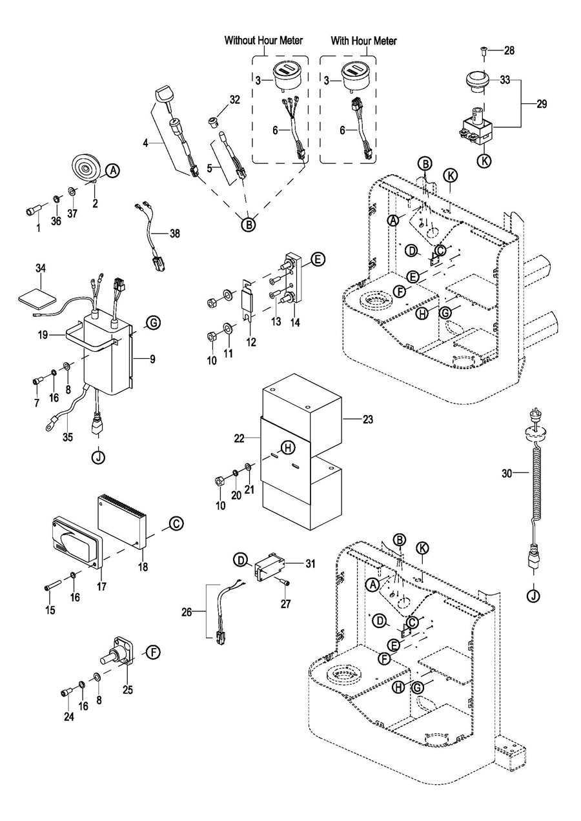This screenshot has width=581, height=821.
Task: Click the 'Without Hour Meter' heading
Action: point(263,41)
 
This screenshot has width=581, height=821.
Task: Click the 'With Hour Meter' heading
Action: point(363,41)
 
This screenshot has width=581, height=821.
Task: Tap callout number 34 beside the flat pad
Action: point(41,267)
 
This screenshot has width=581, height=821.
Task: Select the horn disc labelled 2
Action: point(83,170)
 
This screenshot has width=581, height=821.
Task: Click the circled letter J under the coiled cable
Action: point(533,596)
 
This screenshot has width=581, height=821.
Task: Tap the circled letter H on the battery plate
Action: point(288,448)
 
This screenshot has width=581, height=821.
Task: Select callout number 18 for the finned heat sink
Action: point(143,567)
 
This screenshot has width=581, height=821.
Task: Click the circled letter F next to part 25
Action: point(152,652)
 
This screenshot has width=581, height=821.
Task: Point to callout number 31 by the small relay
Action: point(310,563)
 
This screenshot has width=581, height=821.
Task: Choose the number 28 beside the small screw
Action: point(509,50)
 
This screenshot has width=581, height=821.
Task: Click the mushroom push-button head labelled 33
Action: point(479,82)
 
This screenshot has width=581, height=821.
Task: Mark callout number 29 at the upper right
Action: point(541,103)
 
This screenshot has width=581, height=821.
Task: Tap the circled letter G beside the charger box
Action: point(152,322)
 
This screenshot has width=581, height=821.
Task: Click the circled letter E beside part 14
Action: point(318,260)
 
